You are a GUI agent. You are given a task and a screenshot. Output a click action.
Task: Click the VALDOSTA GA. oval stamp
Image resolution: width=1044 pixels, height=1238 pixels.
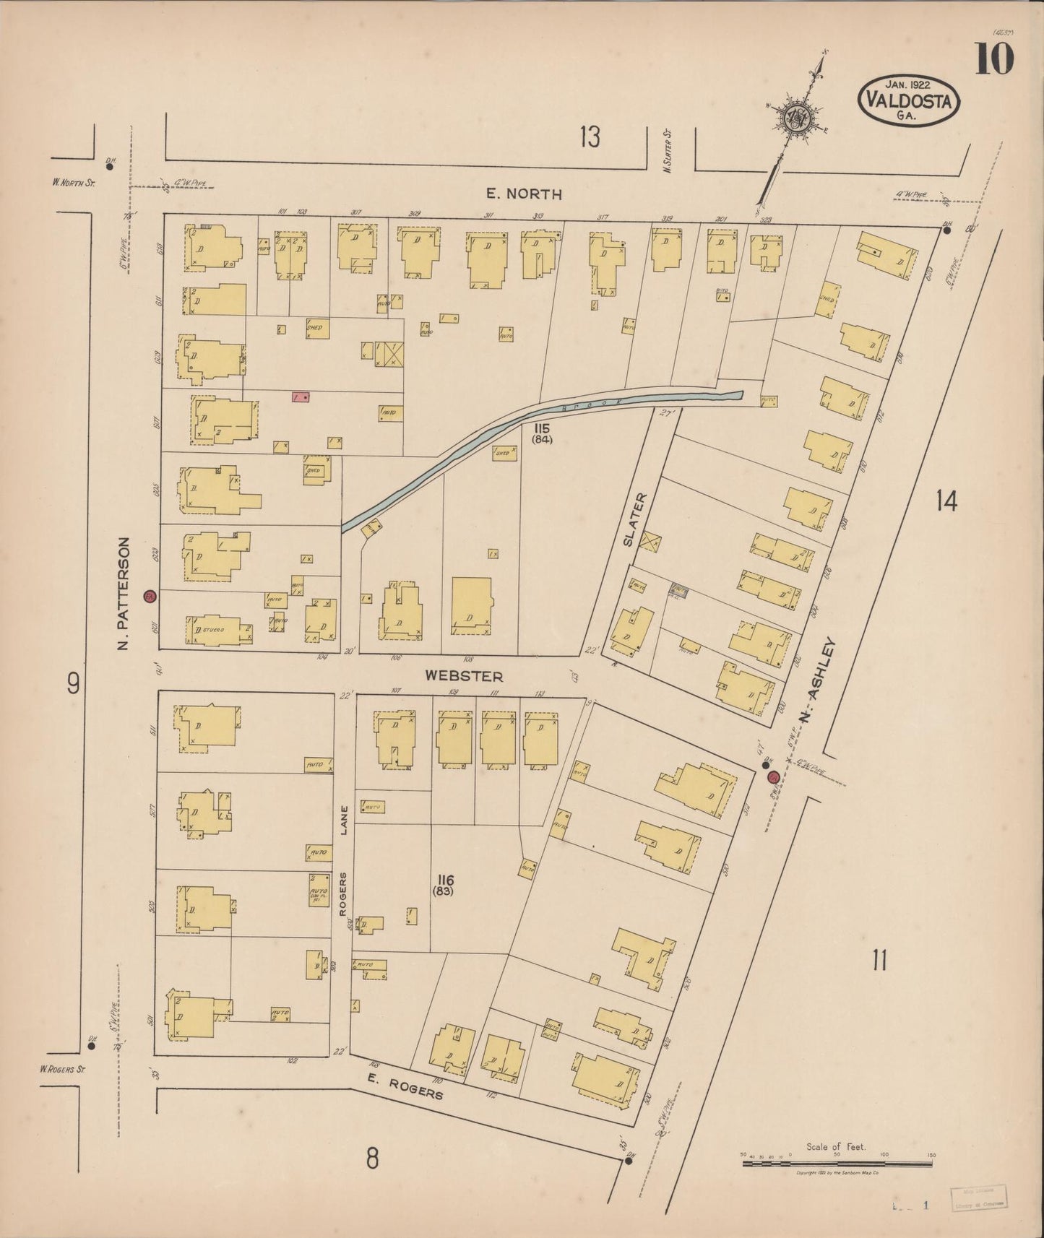click(909, 100)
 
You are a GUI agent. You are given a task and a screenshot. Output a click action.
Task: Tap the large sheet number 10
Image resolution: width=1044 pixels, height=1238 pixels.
click(994, 59)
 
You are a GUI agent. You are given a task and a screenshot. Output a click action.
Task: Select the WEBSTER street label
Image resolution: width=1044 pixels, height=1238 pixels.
click(464, 676)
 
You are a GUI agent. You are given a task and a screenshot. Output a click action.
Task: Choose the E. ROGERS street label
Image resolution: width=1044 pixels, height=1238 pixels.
click(405, 1086)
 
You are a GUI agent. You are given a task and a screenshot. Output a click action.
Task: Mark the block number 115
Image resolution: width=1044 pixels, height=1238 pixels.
click(542, 428)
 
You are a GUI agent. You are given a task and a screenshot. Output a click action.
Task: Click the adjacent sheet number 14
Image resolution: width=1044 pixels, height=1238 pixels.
click(946, 500)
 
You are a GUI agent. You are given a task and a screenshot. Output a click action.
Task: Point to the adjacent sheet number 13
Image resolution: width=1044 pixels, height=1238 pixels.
click(590, 136)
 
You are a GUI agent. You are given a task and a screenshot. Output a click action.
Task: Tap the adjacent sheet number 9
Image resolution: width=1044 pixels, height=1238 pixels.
click(73, 683)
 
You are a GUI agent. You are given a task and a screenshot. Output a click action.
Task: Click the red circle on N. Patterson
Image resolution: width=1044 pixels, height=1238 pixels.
click(150, 597)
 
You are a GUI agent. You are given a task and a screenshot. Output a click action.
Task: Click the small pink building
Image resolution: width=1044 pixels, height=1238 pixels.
click(301, 397)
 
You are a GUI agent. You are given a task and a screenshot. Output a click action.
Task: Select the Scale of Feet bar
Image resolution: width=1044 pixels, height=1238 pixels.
click(837, 1163)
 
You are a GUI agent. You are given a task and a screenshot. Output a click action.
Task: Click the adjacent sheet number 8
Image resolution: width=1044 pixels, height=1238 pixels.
click(371, 1159)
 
